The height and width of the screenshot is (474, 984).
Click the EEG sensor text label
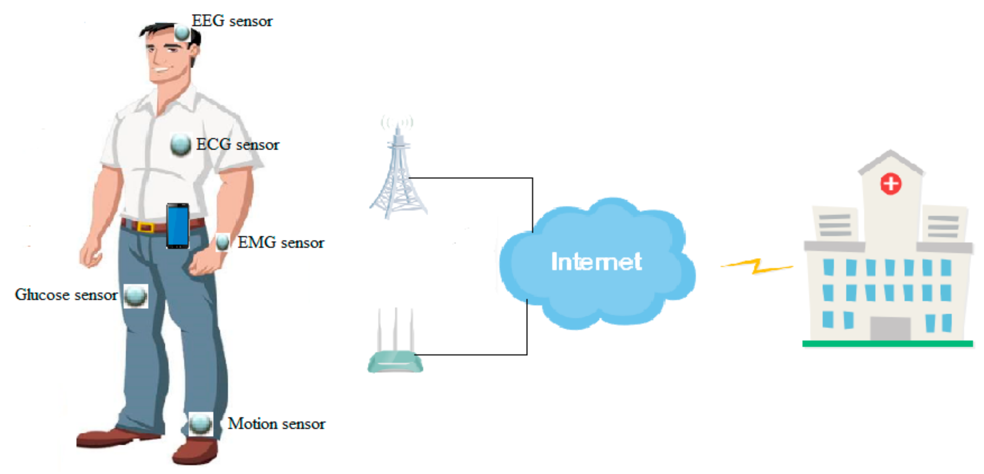coord(232,21)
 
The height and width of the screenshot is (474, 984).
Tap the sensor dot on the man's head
coord(182,33)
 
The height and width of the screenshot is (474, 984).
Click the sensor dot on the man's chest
coord(180,145)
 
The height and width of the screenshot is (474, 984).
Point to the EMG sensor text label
coord(281,243)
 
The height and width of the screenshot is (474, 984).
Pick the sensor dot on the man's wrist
coord(222,242)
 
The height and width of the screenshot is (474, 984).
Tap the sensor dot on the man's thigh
coord(136,296)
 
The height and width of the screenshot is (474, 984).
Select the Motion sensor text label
coord(276,424)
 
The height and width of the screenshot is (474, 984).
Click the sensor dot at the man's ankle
coord(200,424)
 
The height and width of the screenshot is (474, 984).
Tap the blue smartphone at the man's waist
coord(178,226)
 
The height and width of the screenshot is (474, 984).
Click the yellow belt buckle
coord(145,227)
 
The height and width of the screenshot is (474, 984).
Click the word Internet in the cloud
coord(596,262)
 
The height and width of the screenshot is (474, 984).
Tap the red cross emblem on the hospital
coord(891,184)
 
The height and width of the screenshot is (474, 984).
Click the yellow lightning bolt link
coord(756,266)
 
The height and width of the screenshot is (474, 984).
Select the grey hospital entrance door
coord(890,328)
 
